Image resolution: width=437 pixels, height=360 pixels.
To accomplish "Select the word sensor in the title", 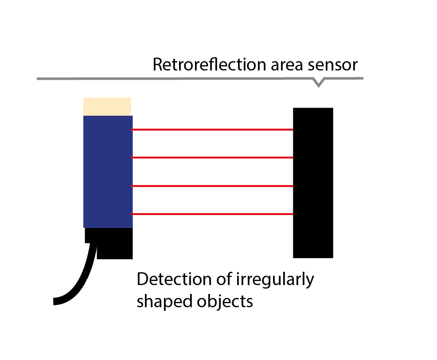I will (x=334, y=65).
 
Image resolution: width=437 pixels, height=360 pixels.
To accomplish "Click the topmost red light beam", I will (x=213, y=129).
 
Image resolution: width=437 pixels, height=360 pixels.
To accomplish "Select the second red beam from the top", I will (x=213, y=157).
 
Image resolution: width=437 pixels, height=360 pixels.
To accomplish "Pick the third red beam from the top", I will (x=213, y=186).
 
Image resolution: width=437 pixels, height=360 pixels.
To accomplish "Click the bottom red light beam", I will (x=213, y=214).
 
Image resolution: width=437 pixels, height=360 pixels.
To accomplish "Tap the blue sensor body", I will (x=108, y=172).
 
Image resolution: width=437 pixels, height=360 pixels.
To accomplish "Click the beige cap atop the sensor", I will (x=107, y=106).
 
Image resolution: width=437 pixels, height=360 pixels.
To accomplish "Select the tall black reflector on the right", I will (x=313, y=183).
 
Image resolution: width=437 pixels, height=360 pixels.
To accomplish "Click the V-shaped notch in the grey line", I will (x=318, y=82).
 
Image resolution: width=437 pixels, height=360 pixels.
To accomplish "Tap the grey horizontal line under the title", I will (x=177, y=79).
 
